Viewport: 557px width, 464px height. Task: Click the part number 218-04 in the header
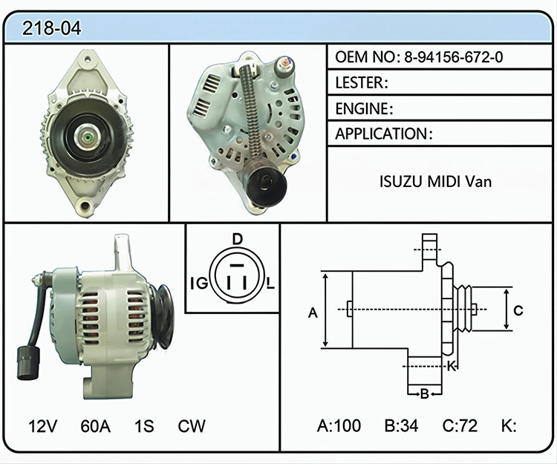click(51, 28)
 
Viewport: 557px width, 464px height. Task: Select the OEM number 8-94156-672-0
click(454, 57)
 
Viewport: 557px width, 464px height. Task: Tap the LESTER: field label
click(361, 82)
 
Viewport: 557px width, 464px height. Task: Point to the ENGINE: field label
click(364, 108)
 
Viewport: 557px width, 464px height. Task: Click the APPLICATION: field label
click(384, 134)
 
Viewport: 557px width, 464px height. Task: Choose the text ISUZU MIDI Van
click(436, 181)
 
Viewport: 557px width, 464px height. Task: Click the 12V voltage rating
click(42, 426)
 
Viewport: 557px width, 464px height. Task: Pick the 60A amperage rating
click(95, 426)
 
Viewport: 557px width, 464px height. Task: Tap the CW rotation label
click(192, 426)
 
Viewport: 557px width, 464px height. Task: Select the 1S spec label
click(144, 426)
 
